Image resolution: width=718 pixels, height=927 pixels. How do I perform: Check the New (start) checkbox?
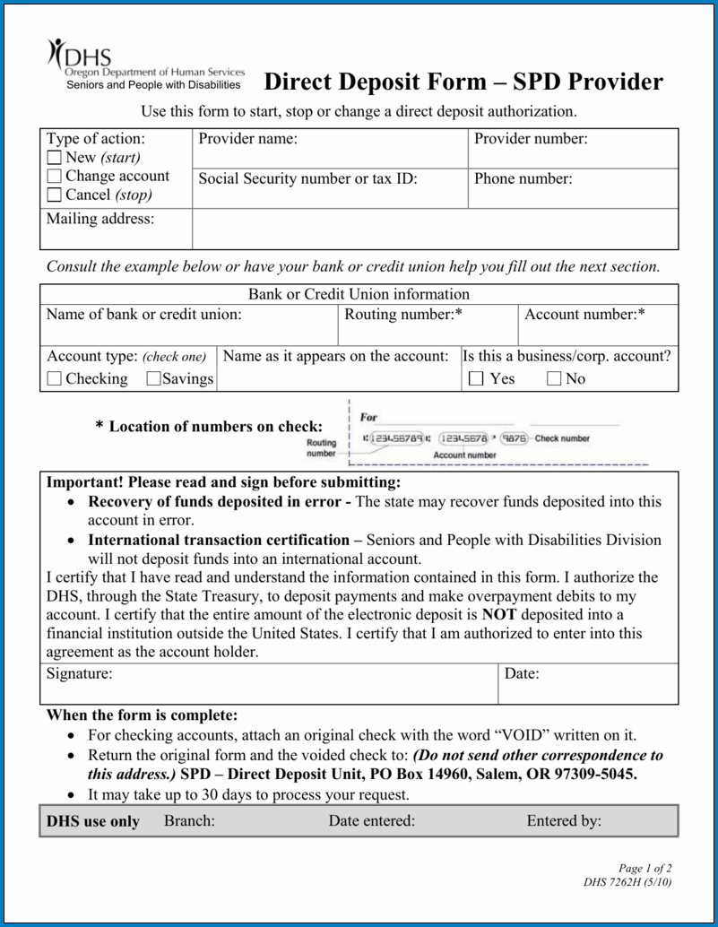pos(55,159)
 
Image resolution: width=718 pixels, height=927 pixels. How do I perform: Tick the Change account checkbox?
pos(55,177)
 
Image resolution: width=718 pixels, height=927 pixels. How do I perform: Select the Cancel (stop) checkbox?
pos(55,195)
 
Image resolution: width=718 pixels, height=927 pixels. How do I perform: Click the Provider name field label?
pos(247,139)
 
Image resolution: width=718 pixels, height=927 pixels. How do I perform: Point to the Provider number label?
pos(531,139)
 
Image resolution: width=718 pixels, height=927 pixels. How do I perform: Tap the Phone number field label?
pos(523,178)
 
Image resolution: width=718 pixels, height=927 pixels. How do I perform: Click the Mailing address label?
pos(100,219)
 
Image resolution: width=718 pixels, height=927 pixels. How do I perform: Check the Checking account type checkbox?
pos(55,379)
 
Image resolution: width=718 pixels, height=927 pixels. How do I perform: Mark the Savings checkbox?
pos(153,379)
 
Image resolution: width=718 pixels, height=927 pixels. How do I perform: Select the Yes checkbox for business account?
pos(477,379)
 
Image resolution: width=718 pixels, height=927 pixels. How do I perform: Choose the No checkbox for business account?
pos(555,379)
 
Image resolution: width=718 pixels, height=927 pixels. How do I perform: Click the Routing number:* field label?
pos(403,315)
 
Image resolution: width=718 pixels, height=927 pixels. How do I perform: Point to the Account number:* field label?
pos(584,315)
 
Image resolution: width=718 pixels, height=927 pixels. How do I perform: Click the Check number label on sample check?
pos(562,438)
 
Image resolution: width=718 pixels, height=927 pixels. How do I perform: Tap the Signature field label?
pos(80,673)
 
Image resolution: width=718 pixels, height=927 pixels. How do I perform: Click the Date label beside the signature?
pos(522,673)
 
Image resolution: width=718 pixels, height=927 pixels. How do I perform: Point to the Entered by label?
pos(564,820)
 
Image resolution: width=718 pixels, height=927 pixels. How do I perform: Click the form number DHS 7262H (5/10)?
pos(627,882)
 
